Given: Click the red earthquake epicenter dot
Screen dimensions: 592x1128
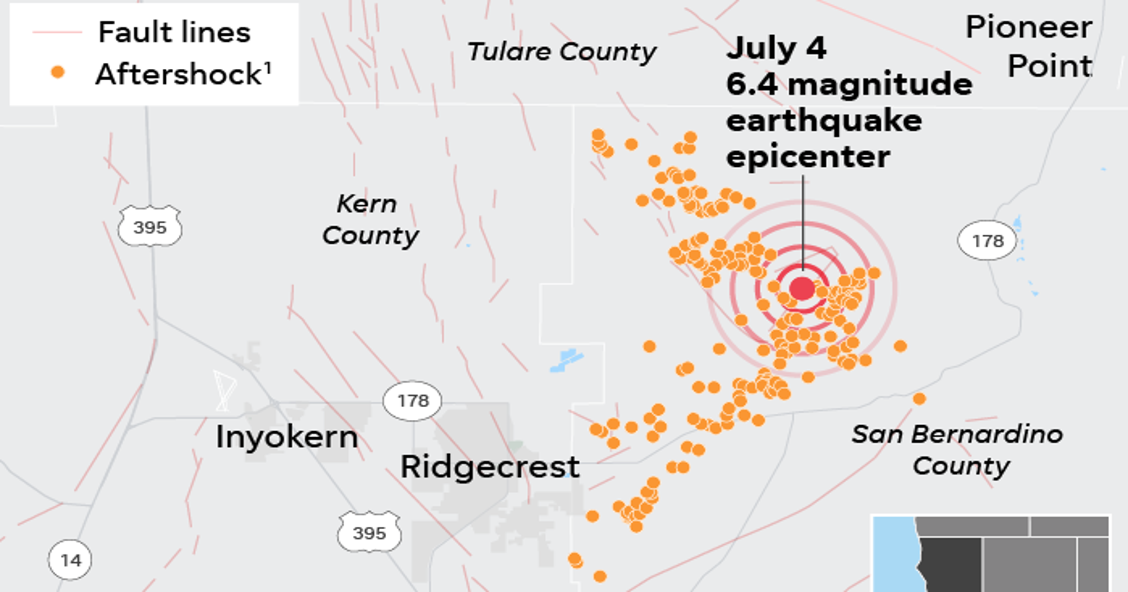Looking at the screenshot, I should click(802, 289).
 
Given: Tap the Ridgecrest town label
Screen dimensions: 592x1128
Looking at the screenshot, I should click(490, 467).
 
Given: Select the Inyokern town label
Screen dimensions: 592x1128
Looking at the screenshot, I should click(287, 437).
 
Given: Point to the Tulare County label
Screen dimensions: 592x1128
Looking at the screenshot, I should click(562, 52).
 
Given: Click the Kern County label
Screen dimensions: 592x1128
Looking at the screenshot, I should click(370, 220).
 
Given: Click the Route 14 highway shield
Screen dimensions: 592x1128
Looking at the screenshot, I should click(70, 560).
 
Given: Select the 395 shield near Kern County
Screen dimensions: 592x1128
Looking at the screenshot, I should click(150, 227).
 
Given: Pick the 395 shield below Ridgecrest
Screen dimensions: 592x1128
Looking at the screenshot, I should click(369, 533).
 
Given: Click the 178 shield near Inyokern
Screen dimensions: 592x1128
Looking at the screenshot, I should click(412, 401).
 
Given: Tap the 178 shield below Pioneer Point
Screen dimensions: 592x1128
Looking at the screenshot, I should click(987, 240).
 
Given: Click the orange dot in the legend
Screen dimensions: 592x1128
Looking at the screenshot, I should click(58, 72).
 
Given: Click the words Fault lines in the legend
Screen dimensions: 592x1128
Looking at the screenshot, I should click(174, 32).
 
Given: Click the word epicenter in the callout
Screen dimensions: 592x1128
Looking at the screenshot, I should click(808, 156).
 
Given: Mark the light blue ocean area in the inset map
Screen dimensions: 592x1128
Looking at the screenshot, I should click(893, 556).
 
